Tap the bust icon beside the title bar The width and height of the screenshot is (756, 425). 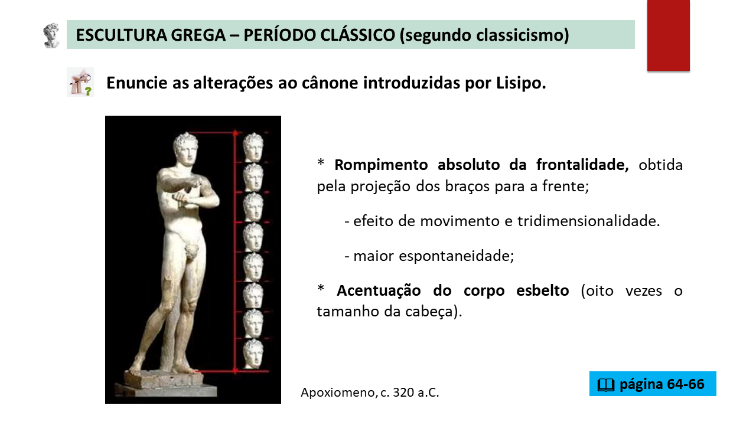[51, 35]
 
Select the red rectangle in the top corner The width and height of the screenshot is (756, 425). [668, 35]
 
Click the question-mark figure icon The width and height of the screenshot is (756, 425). [80, 82]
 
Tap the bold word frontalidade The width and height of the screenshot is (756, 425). [582, 165]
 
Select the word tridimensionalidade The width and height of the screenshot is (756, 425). [589, 221]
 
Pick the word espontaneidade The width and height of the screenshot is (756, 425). [457, 256]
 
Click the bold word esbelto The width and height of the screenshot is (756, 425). [543, 290]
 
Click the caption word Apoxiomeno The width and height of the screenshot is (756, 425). [338, 393]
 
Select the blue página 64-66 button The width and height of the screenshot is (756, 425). [653, 384]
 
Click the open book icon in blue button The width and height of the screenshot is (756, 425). [606, 384]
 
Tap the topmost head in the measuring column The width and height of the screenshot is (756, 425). [253, 147]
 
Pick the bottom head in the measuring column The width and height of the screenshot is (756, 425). [253, 354]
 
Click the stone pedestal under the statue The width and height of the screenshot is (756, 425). [165, 384]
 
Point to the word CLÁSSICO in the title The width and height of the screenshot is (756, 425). [358, 35]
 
